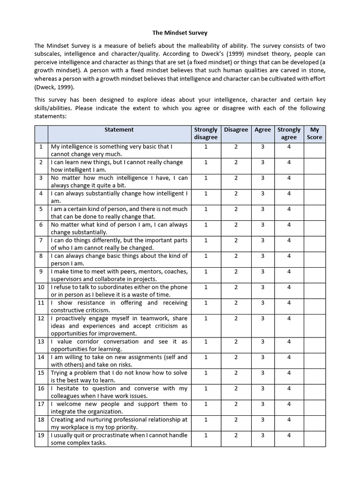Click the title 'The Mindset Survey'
pos(180,33)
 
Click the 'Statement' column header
pos(119,129)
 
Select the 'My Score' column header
pos(315,133)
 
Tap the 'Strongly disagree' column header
pos(206,133)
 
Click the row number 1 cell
pos(41,146)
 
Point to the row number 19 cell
pos(41,435)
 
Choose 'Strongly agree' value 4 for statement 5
pos(289,209)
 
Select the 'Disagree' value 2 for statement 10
pos(236,287)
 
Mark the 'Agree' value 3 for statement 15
pos(262,373)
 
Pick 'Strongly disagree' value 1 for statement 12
pos(206,318)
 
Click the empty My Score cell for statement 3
pos(315,181)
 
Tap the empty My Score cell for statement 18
pos(315,423)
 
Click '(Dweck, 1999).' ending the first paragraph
pos(54,87)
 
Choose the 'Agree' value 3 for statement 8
pos(262,256)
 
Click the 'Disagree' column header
pos(236,129)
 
